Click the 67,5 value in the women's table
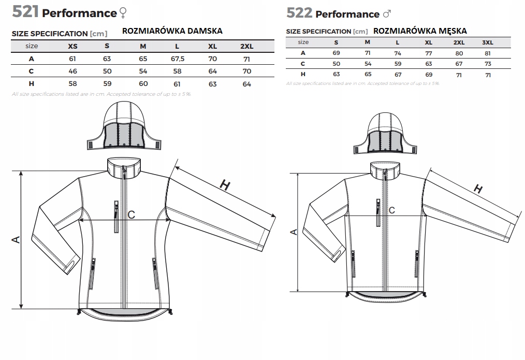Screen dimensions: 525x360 click(x=178, y=59)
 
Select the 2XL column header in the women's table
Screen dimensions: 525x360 click(x=246, y=46)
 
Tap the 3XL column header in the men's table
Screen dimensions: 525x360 click(x=488, y=42)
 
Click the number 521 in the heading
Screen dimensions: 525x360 click(x=25, y=11)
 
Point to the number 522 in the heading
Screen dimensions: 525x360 click(x=299, y=13)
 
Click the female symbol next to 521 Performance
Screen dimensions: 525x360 click(x=122, y=13)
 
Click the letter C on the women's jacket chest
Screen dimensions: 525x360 click(x=131, y=214)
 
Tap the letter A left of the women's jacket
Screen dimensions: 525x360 click(x=16, y=239)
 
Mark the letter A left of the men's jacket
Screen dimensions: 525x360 click(x=294, y=232)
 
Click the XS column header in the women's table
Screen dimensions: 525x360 click(x=72, y=46)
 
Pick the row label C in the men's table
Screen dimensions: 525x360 click(x=304, y=63)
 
